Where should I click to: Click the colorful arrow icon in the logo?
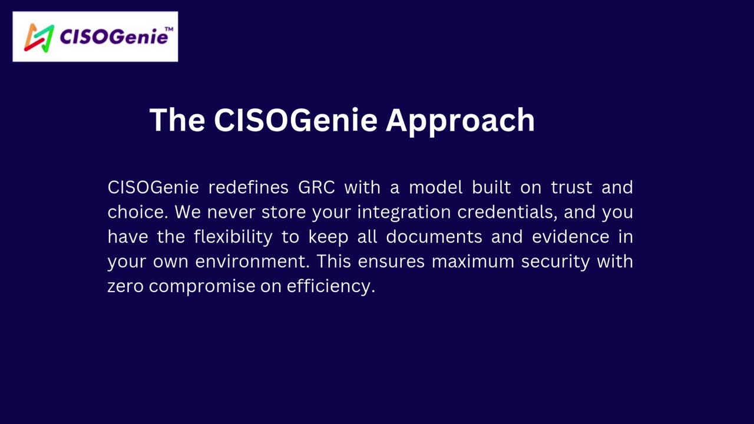pyautogui.click(x=39, y=38)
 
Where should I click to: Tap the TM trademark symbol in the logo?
pyautogui.click(x=169, y=29)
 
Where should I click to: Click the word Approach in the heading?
pyautogui.click(x=460, y=121)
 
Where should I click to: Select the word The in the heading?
pyautogui.click(x=177, y=120)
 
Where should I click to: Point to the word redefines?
pyautogui.click(x=249, y=187)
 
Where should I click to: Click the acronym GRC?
pyautogui.click(x=316, y=187)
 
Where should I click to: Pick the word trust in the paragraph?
pyautogui.click(x=571, y=187)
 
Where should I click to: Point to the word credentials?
pyautogui.click(x=507, y=212)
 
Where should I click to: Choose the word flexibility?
pyautogui.click(x=233, y=237)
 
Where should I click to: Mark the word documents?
pyautogui.click(x=434, y=237)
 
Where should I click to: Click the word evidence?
pyautogui.click(x=571, y=237)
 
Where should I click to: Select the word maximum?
pyautogui.click(x=473, y=262)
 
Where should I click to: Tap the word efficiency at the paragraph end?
pyautogui.click(x=331, y=287)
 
